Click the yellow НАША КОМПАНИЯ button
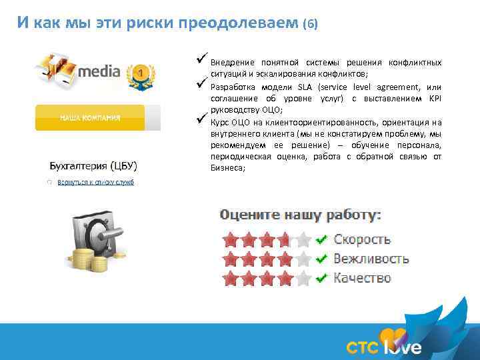[x=90, y=117]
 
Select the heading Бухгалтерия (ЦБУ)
[x=99, y=165]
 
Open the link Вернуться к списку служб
[x=95, y=182]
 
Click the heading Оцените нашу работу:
[x=301, y=215]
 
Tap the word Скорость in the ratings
[x=362, y=239]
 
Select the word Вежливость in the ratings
[x=371, y=259]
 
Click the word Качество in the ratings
[x=362, y=277]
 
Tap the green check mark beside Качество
[x=321, y=277]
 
